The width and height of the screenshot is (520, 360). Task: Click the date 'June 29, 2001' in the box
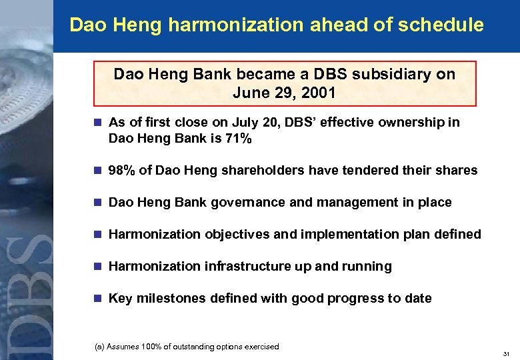(x=284, y=93)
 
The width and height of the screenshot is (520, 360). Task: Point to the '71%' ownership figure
(x=237, y=139)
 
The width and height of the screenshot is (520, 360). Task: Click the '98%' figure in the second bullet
(x=122, y=171)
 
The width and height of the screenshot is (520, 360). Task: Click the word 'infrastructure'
(x=237, y=267)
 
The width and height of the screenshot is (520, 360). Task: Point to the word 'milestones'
(x=167, y=299)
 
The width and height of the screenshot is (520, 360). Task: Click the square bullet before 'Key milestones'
(x=97, y=299)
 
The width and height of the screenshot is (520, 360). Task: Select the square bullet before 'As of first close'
(x=97, y=123)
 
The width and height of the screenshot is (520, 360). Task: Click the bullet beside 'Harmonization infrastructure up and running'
(x=97, y=267)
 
